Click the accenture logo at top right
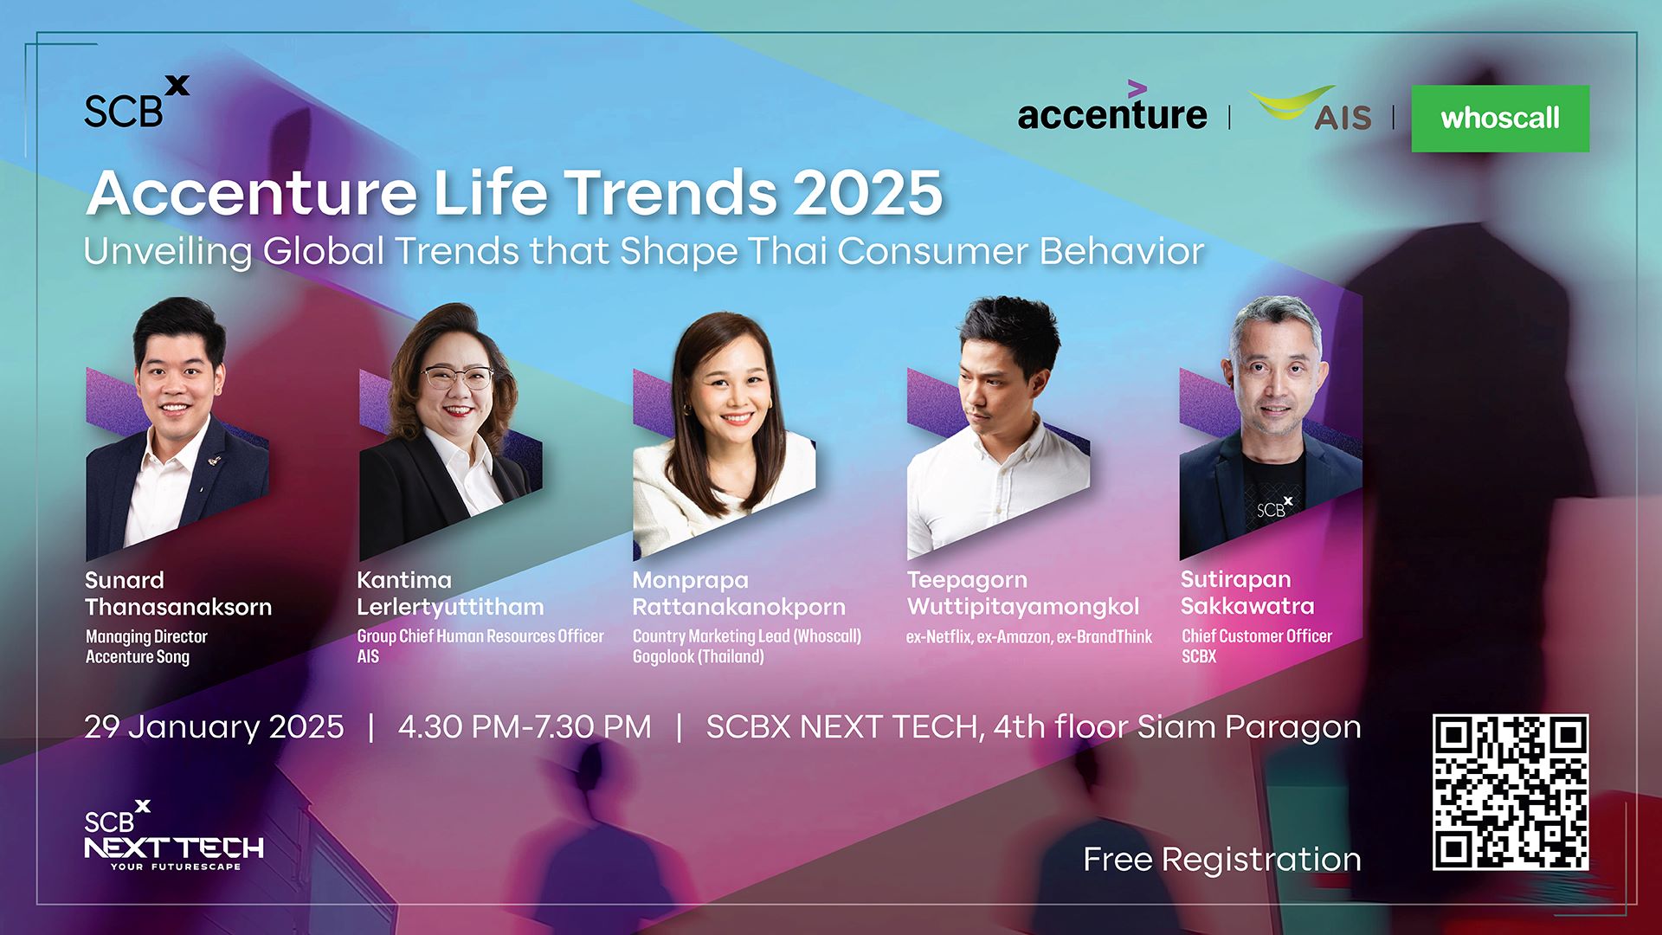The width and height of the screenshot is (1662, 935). click(x=1111, y=113)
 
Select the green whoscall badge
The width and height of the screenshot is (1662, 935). click(x=1500, y=119)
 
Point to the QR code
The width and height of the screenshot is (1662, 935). click(x=1510, y=792)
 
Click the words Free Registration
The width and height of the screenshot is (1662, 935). click(x=1221, y=860)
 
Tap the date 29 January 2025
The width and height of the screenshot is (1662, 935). click(x=214, y=727)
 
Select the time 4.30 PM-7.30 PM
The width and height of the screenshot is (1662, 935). click(x=525, y=727)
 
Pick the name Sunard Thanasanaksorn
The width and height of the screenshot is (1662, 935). click(x=177, y=594)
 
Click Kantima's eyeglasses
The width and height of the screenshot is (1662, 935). click(x=456, y=377)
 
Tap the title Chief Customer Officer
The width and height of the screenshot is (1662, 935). click(x=1256, y=636)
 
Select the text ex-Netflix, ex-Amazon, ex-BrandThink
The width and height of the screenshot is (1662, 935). click(x=1028, y=637)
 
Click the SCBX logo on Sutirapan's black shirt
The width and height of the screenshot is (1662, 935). click(x=1273, y=507)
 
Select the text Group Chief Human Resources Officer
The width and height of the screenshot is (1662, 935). click(x=480, y=636)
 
